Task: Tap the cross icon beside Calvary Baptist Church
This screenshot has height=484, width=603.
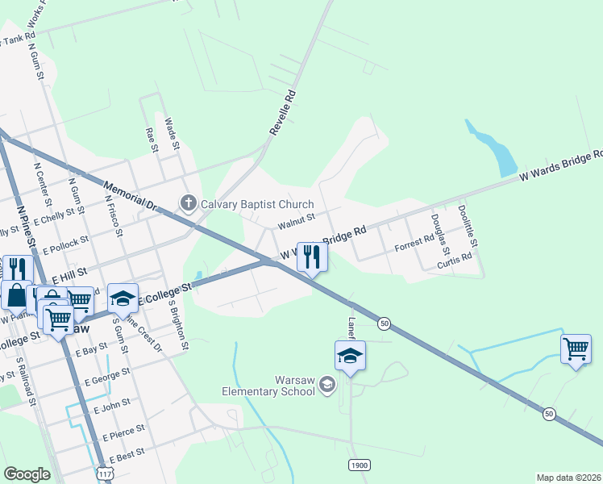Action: click(x=189, y=202)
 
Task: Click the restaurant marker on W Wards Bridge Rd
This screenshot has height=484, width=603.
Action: click(x=312, y=257)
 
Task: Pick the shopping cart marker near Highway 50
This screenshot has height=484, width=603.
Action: click(x=576, y=350)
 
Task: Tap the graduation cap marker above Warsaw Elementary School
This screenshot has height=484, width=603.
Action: click(x=351, y=357)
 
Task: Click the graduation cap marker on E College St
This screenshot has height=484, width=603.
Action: click(x=123, y=299)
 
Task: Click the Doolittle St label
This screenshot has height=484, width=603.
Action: click(x=468, y=225)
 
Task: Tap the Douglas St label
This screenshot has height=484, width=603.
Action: click(x=439, y=229)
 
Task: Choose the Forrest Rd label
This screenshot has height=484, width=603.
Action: click(x=414, y=244)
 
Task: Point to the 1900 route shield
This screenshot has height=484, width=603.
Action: click(x=360, y=465)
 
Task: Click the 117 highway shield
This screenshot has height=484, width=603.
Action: click(x=104, y=474)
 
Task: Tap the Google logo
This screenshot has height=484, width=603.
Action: click(x=27, y=474)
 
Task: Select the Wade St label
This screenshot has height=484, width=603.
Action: click(x=171, y=134)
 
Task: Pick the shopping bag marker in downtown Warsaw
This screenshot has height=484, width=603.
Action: click(x=17, y=295)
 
